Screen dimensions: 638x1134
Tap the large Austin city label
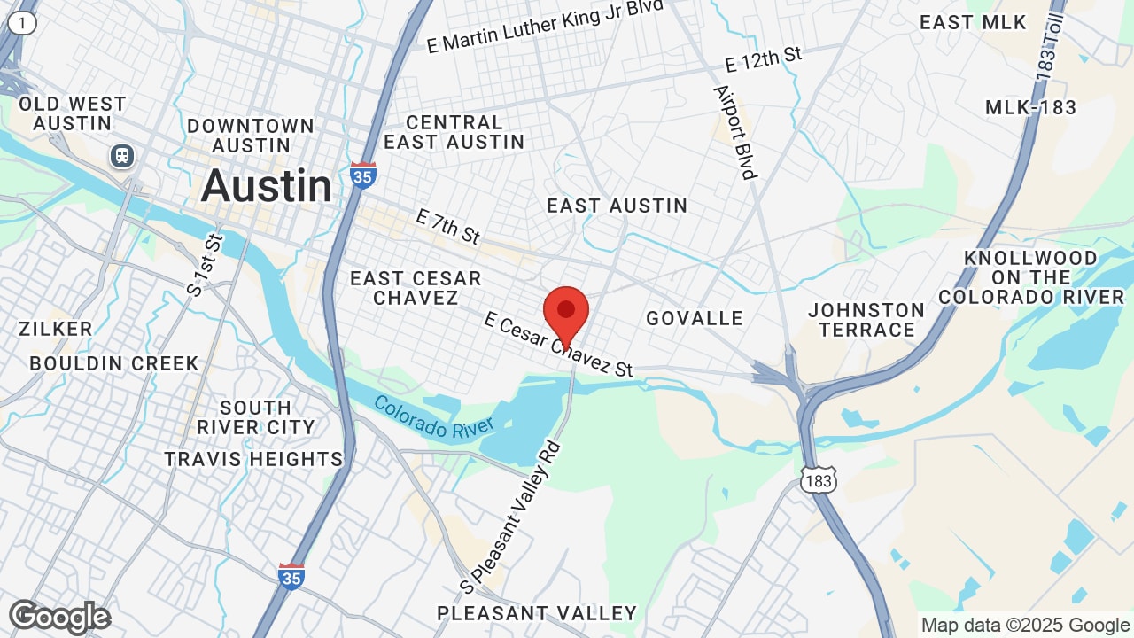coord(267,186)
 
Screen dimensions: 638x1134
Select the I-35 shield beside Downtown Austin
coord(362,174)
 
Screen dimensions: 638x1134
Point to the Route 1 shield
coord(22,24)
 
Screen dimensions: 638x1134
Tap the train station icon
coord(122,156)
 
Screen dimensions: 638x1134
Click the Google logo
coord(59,617)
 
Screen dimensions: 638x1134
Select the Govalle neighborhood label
coord(695,318)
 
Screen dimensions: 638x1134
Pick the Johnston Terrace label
coord(866,320)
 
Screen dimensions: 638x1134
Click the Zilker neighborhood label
coord(55,329)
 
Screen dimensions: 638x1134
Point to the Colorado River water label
coord(433,416)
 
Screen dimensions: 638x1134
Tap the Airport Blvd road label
coord(735,132)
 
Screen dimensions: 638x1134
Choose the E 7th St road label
coord(447,226)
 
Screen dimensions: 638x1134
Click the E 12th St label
coord(763,59)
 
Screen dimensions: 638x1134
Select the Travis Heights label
coord(253,459)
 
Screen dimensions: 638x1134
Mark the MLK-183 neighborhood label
coord(1030,108)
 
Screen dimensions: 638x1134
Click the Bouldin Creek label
coord(114,363)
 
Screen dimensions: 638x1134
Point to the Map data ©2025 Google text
coord(1024,625)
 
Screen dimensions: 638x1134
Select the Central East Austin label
coord(454,132)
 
